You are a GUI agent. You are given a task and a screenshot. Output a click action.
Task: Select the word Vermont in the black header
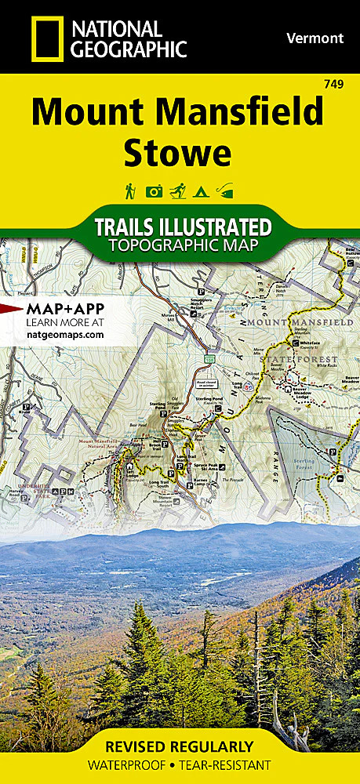tap(315, 38)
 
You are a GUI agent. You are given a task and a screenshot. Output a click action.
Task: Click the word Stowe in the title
tap(178, 153)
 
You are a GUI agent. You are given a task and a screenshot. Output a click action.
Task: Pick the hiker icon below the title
tap(130, 191)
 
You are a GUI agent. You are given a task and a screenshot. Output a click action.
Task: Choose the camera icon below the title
tap(155, 191)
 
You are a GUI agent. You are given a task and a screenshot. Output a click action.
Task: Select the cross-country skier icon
tap(180, 191)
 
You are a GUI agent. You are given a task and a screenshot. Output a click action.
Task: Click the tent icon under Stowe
tap(203, 191)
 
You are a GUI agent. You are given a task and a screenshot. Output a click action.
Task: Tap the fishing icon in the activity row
tap(227, 191)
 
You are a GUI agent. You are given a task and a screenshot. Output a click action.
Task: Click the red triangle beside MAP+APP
tap(11, 308)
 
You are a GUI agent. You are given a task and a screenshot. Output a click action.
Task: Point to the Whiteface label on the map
tap(307, 354)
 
